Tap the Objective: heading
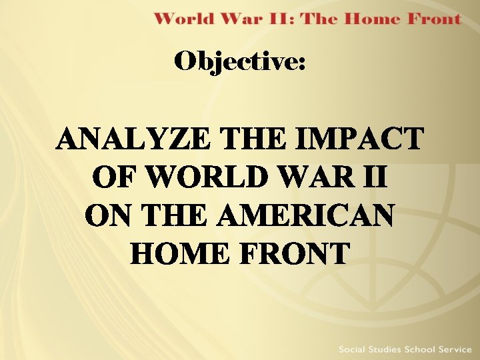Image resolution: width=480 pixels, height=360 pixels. click(x=240, y=63)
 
